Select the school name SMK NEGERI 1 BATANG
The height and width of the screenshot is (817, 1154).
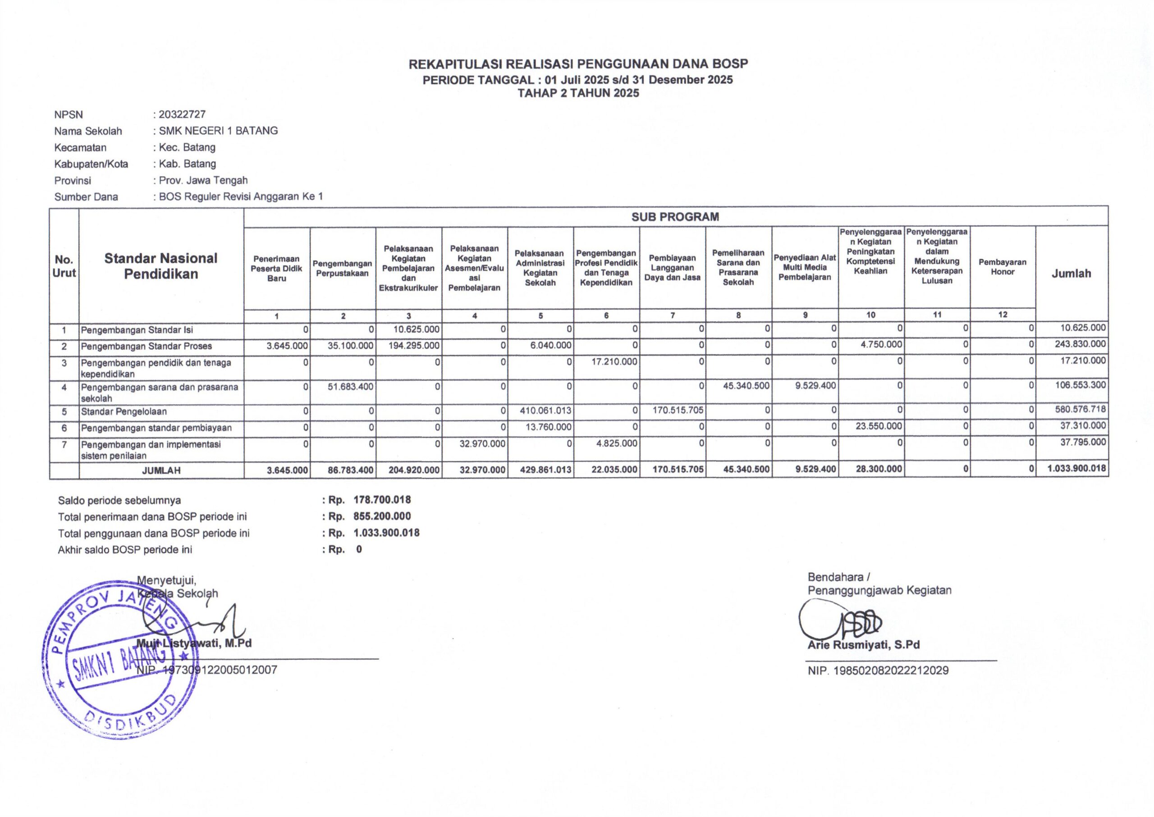[218, 131]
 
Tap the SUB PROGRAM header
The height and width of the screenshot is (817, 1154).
[675, 217]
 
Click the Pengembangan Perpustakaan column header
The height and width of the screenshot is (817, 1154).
[342, 268]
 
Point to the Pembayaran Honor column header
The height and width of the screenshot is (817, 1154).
[1002, 267]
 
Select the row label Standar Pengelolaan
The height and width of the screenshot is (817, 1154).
[124, 411]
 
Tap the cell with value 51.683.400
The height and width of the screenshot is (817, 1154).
[350, 386]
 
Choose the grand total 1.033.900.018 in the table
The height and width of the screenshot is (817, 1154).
[1076, 468]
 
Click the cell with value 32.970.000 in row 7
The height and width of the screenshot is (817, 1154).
[482, 444]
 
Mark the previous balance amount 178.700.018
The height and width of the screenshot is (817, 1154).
[382, 500]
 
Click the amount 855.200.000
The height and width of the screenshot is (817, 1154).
[382, 516]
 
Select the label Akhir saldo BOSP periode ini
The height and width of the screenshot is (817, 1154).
[125, 549]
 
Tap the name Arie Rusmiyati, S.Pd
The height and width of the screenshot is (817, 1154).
[864, 645]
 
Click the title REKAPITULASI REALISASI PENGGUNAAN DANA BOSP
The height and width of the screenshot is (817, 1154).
[578, 64]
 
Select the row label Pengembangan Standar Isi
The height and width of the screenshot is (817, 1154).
[137, 330]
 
